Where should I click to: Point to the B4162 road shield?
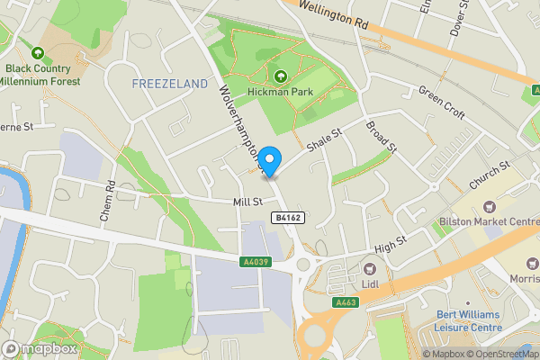[x=286, y=218]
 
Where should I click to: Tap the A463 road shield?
[x=346, y=302]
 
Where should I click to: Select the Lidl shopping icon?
[x=369, y=268]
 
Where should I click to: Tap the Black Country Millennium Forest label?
[x=41, y=75]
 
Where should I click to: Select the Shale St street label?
[x=325, y=139]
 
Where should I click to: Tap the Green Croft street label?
[x=441, y=103]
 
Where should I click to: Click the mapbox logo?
[x=40, y=348]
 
